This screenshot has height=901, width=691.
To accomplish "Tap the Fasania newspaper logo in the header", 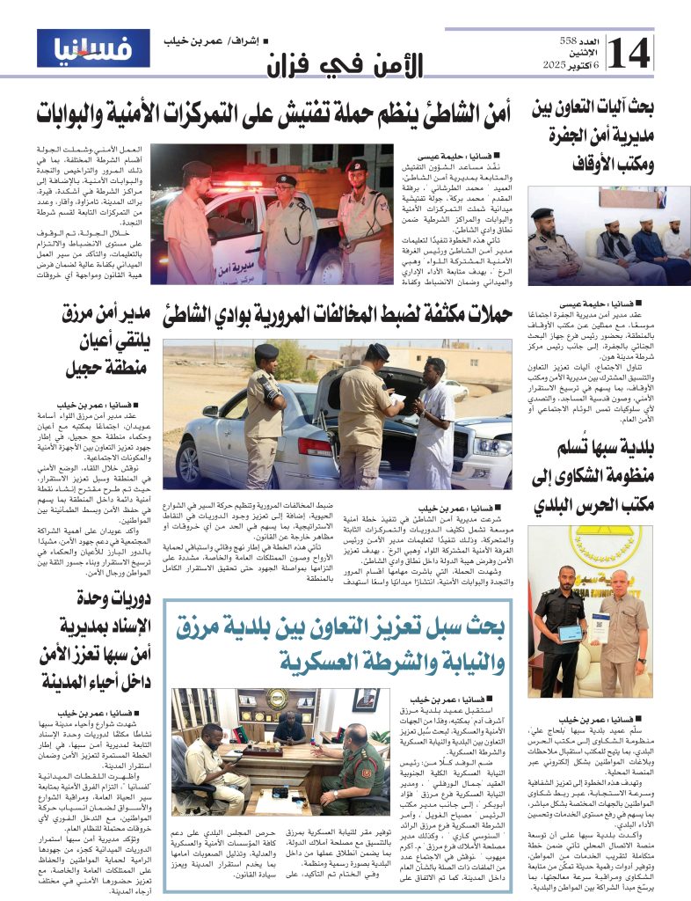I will click(x=94, y=48).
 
